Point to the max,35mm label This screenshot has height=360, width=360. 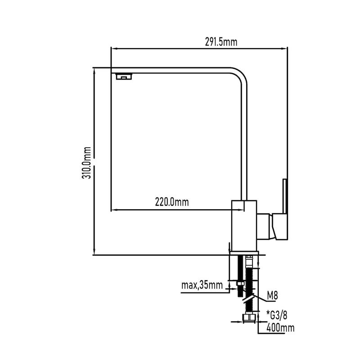coord(202,285)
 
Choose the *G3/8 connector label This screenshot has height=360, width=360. coord(278,314)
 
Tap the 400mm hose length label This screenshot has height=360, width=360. coord(280,328)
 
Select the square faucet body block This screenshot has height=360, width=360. coord(243,225)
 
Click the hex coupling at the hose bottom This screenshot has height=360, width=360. coord(248,319)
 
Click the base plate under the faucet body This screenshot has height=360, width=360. coord(243,252)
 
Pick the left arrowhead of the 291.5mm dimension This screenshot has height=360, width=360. coord(113,49)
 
